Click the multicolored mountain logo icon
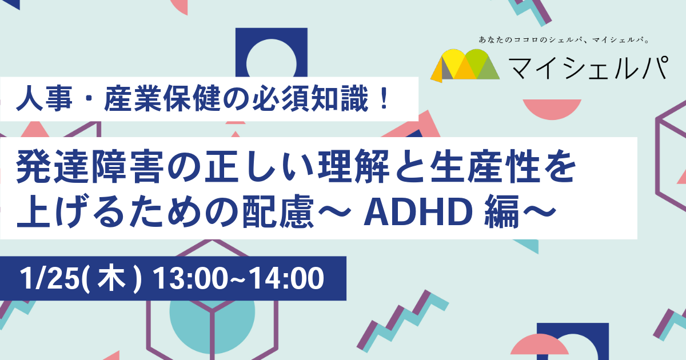coord(465,65)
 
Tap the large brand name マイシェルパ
coord(588,68)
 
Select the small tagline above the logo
coord(564,40)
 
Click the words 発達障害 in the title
coord(88,167)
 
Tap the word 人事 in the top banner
coord(45,100)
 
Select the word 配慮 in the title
coord(278,212)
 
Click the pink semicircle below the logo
coord(552,109)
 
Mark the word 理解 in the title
coord(353,167)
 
